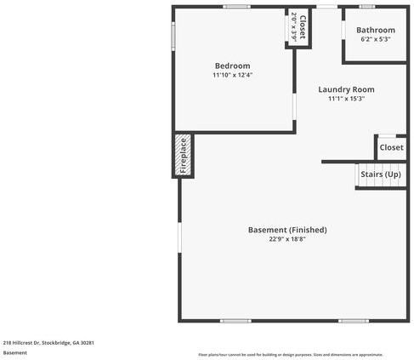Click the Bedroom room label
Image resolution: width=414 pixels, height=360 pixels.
coord(232,66)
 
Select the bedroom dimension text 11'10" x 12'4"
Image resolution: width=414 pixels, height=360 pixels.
coord(232,75)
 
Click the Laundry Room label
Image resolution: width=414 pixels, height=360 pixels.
coord(346,89)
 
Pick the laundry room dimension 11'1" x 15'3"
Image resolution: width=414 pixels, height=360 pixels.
coord(346,99)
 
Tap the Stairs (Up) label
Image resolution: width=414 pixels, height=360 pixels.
coord(380,174)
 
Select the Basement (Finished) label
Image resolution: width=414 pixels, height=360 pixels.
coord(286,230)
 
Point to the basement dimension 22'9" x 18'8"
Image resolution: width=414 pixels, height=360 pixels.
coord(286,239)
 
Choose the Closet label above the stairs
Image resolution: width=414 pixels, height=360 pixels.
coord(391,147)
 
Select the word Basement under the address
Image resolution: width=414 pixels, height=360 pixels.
coord(14,352)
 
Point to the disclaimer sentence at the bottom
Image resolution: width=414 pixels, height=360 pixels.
coord(290,354)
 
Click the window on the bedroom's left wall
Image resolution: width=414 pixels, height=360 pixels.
coord(173,36)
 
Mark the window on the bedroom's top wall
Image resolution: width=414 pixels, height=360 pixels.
coord(236,7)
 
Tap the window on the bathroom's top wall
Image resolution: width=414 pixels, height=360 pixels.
coord(366,7)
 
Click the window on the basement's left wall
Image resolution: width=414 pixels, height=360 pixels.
coord(179,237)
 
